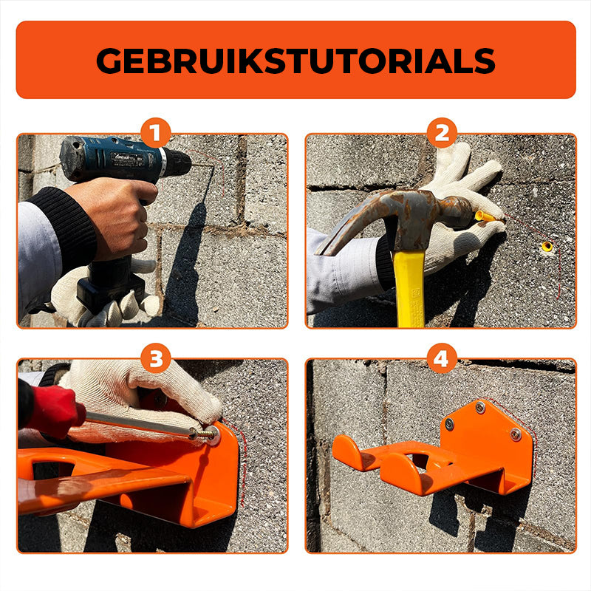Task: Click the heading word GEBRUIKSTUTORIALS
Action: click(x=295, y=61)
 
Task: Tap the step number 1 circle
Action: click(x=156, y=133)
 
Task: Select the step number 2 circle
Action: click(x=442, y=133)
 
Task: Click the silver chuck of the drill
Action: click(x=163, y=162)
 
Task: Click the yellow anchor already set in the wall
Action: click(x=547, y=247)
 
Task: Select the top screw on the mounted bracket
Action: click(x=479, y=407)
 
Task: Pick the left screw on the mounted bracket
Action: click(x=449, y=424)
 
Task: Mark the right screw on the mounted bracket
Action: click(x=516, y=434)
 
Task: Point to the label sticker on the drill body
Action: click(x=126, y=158)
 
